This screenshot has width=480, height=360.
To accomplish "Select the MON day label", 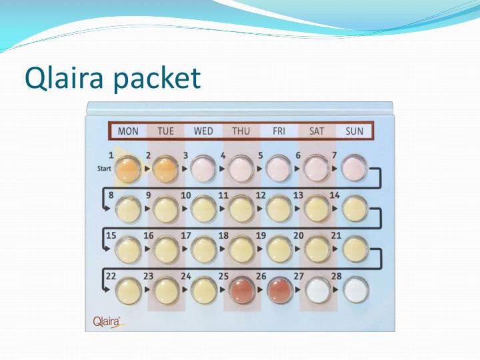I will [x=128, y=131].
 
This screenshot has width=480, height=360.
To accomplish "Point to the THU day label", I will [x=241, y=131].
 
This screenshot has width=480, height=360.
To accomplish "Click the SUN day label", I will [x=354, y=131].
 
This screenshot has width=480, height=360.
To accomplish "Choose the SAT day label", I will [x=317, y=131].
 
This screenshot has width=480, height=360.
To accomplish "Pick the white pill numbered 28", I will [x=355, y=290].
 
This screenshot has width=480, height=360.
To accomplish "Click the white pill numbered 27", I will [x=317, y=290].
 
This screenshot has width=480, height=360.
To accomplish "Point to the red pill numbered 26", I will [x=279, y=290].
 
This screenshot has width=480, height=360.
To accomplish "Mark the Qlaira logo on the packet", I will [x=107, y=322].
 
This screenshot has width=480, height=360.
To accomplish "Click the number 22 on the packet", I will [x=111, y=275].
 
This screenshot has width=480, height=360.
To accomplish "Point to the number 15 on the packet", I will [x=111, y=235].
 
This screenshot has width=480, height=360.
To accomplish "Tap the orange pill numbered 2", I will [x=167, y=170].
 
